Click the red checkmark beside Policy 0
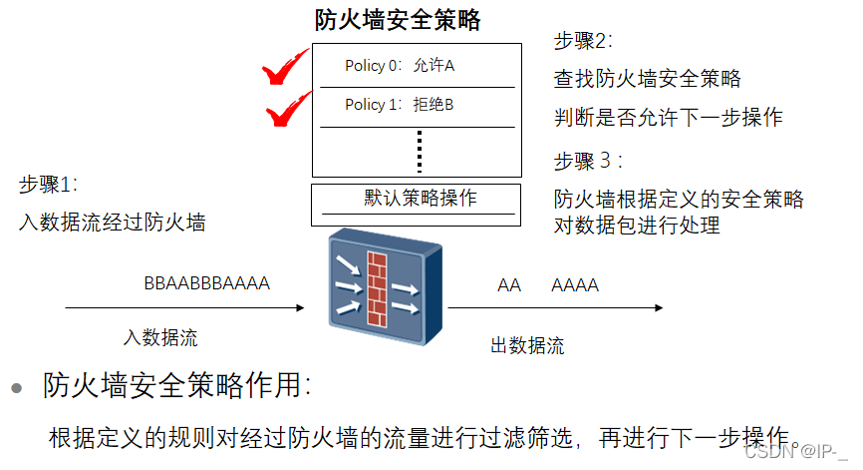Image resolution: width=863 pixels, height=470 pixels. pos(285,70)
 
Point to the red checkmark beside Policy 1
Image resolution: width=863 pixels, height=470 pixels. pos(290,110)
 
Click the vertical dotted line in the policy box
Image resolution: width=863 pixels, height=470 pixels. pos(420,151)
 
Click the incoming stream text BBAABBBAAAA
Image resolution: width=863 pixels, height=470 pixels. pos(206,284)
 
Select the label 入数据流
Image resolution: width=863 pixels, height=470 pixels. pos(160,337)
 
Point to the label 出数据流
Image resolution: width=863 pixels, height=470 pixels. pos(527,346)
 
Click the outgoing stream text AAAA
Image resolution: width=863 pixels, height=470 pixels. pos(575,286)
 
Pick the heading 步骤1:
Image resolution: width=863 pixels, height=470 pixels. pos(48,185)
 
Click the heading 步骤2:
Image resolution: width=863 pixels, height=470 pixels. pos(583,41)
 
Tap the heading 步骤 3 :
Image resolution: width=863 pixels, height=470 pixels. pos(588,161)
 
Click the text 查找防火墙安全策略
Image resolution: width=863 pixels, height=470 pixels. pos(647,79)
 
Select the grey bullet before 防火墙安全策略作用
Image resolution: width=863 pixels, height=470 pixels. pos(16,388)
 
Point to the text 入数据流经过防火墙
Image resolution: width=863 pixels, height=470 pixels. pos(112,222)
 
